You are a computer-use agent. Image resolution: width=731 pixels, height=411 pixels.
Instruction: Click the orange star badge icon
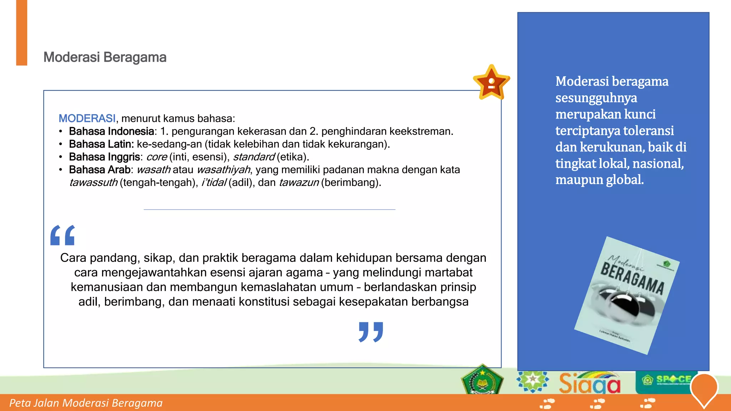(491, 83)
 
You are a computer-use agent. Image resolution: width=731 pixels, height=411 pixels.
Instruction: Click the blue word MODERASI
(87, 118)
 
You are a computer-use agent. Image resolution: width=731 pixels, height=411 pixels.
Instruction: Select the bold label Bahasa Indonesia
(111, 131)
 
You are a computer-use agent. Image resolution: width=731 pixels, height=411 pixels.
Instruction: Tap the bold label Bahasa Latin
(101, 144)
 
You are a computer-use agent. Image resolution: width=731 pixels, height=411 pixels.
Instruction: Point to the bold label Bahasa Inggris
(104, 157)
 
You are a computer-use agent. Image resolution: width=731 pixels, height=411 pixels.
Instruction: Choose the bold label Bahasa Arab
(100, 170)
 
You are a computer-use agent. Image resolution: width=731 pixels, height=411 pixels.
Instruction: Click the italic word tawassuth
(93, 183)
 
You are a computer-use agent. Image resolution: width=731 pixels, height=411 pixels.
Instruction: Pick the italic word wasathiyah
(223, 170)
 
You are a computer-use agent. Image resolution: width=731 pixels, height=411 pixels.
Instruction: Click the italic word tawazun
(298, 183)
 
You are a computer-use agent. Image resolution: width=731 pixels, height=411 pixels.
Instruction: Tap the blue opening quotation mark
(63, 235)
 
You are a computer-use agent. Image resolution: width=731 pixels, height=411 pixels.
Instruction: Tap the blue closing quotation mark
(371, 332)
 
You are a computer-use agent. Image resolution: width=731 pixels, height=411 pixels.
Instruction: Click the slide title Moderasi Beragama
(105, 57)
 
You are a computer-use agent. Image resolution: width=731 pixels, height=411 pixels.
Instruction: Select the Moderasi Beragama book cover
(627, 295)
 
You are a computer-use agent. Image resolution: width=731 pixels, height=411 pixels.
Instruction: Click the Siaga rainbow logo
(590, 383)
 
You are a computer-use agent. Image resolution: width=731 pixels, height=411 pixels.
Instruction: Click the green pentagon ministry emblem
(482, 380)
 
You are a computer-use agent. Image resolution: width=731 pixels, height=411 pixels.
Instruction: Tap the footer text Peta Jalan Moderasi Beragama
(86, 403)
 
